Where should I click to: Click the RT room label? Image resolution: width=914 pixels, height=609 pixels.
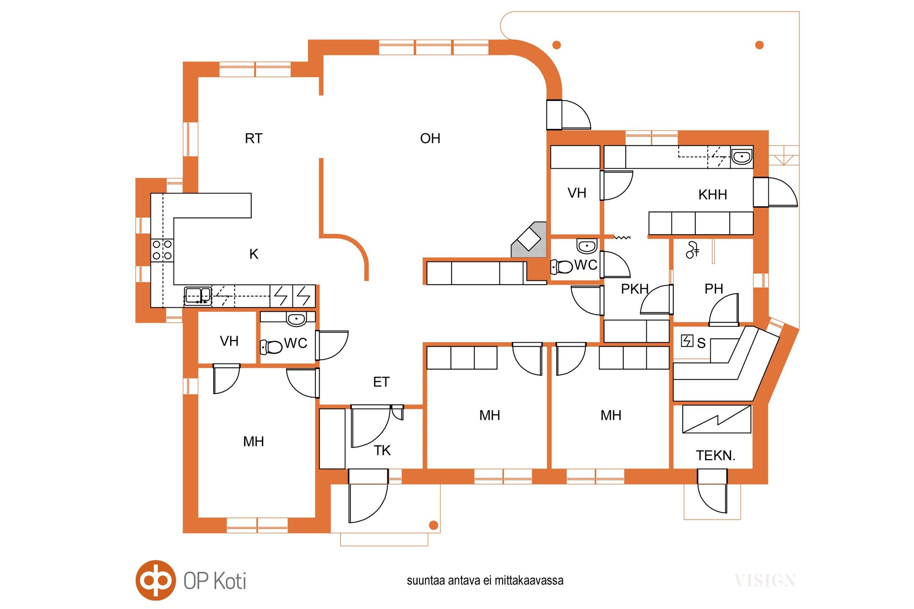click(253, 139)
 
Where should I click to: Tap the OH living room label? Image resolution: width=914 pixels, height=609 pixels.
click(430, 139)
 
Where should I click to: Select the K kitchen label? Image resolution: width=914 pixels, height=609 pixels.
click(253, 254)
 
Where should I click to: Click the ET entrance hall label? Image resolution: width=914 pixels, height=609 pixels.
click(381, 382)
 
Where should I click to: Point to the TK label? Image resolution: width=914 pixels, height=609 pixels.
click(382, 451)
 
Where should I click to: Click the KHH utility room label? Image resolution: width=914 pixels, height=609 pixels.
click(712, 194)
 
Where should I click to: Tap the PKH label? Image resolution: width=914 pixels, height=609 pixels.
click(634, 289)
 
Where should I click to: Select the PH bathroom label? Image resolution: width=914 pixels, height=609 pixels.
click(713, 289)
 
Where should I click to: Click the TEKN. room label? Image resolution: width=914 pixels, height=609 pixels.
click(716, 456)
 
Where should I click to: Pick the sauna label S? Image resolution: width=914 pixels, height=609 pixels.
click(701, 343)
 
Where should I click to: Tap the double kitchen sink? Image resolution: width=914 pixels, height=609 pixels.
click(198, 296)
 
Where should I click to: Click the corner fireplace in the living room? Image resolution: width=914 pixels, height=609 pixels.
click(529, 241)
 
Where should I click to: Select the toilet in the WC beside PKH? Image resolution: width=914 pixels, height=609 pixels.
click(562, 267)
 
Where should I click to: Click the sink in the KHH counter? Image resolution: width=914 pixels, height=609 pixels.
click(741, 157)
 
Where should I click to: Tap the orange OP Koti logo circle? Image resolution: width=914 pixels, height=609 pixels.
click(155, 580)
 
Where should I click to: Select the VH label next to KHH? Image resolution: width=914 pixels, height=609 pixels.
click(577, 193)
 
